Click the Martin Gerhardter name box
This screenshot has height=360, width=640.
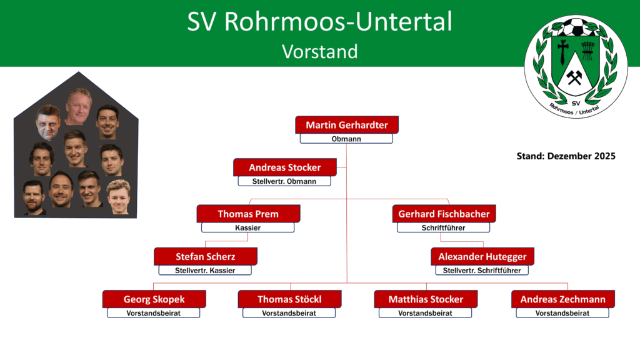[x=347, y=125]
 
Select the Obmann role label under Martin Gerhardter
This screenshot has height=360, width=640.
[x=346, y=139]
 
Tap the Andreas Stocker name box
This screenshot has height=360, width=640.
[x=285, y=167]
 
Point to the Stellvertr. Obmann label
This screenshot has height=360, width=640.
[x=284, y=181]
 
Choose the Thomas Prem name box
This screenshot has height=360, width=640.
[x=248, y=214]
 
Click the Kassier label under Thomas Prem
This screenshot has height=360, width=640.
[x=247, y=227]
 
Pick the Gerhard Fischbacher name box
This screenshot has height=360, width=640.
[x=444, y=214]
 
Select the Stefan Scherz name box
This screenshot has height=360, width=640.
[x=205, y=256]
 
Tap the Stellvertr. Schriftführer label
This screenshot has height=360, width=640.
[x=482, y=270]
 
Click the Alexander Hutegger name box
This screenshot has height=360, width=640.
[x=482, y=256]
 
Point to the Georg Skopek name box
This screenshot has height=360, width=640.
[x=154, y=299]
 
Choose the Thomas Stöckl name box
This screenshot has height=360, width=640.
[x=289, y=299]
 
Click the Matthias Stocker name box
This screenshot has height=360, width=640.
[x=426, y=299]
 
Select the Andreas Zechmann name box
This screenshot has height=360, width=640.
[x=563, y=299]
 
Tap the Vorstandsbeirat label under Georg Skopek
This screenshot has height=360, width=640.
[x=154, y=313]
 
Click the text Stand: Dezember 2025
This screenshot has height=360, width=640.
[x=566, y=156]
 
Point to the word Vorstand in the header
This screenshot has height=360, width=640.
[x=320, y=52]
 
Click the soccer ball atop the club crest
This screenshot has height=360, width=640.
[x=576, y=27]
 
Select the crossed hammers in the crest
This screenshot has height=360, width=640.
[x=574, y=77]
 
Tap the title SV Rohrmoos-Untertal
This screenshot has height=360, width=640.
[x=319, y=22]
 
